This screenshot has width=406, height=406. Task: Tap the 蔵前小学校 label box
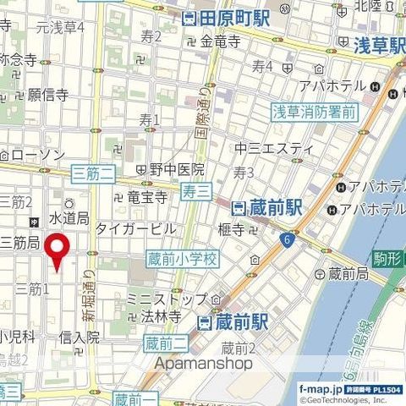(182, 257)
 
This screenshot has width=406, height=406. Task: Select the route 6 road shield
(288, 241)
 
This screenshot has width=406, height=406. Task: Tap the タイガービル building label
(135, 228)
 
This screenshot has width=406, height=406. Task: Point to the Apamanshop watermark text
(203, 363)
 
